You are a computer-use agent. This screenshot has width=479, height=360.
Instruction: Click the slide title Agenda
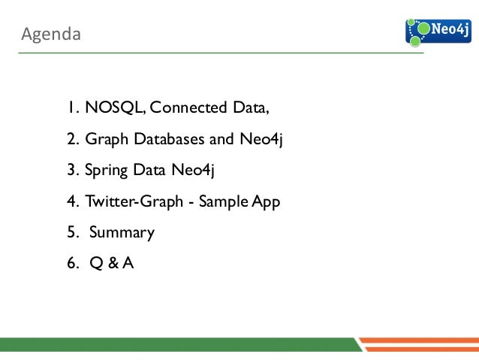coord(50,34)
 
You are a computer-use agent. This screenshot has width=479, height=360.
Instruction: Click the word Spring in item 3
coord(107,171)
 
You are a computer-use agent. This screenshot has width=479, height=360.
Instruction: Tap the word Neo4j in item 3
coord(194,171)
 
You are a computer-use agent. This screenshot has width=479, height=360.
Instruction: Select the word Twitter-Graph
coord(128,203)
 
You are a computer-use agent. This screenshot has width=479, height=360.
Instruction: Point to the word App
coord(266,203)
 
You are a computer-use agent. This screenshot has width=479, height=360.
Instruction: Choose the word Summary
coord(122,233)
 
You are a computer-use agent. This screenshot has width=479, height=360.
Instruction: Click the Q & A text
coord(111,264)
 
